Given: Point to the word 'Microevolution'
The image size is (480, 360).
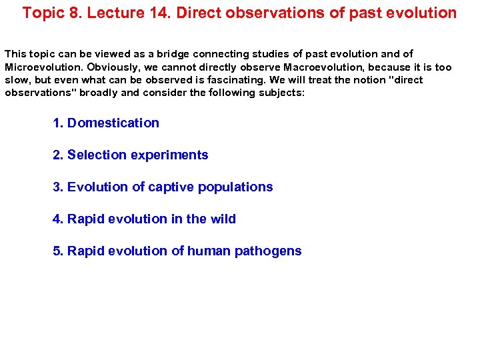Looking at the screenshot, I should [40, 67].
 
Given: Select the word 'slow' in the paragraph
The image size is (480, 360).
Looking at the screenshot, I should [17, 80].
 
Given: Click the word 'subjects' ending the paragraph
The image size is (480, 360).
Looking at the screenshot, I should [281, 93].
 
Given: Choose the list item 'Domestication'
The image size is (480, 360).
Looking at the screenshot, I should [113, 123].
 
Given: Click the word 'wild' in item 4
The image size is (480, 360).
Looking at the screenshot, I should [223, 219].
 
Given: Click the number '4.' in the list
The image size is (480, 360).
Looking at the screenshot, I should [58, 219].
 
